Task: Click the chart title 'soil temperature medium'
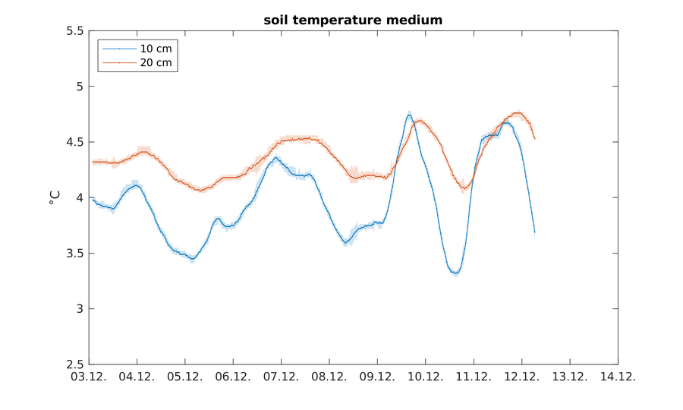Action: coord(353,20)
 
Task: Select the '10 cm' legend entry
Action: coord(156,49)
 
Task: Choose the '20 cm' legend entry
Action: coord(156,62)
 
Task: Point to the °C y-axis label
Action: coord(55,197)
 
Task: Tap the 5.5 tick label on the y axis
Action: coord(74,31)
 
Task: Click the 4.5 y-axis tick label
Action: coord(74,142)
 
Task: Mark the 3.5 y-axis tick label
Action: coord(74,253)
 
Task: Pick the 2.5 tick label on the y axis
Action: coord(74,364)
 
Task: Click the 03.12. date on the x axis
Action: coord(90,377)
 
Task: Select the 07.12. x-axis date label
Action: coord(282,377)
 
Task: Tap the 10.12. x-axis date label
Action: coord(425,377)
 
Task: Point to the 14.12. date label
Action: coord(617,377)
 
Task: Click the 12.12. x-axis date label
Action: coord(521,377)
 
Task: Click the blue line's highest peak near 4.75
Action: coord(409,115)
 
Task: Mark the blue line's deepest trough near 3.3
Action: coord(455,273)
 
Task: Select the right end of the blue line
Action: coord(535,232)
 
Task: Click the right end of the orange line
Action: coord(535,138)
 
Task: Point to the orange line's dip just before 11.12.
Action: coord(464,188)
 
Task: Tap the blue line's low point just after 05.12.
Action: coord(192,260)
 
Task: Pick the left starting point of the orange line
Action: coord(93,162)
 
